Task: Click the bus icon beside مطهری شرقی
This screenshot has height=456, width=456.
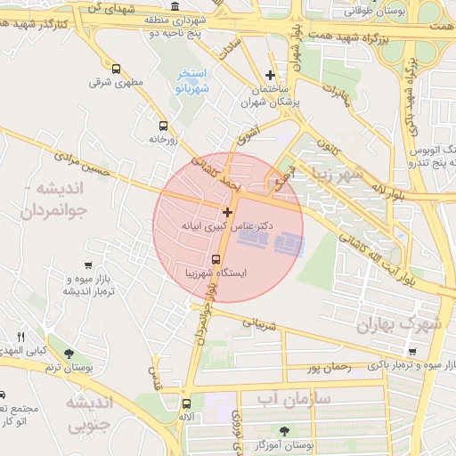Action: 116,69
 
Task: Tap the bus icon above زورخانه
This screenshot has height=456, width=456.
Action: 162,126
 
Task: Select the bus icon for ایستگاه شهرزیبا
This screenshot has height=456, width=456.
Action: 216,260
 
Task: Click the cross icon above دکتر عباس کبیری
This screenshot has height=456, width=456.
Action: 228,212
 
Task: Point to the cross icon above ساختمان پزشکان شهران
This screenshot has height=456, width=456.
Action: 271,76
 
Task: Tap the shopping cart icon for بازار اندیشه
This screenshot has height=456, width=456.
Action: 87,265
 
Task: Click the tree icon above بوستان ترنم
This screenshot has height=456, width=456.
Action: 69,354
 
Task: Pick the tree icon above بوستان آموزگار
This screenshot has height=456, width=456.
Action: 285,429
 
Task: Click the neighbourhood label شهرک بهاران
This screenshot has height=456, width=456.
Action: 398,326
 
